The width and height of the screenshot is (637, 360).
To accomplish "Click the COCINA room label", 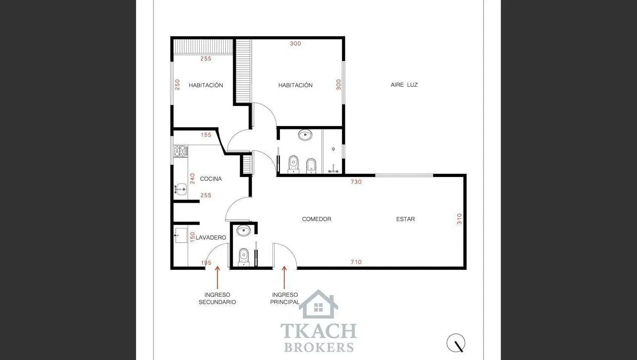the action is pyautogui.click(x=211, y=179).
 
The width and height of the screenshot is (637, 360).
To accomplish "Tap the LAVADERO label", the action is pyautogui.click(x=211, y=238).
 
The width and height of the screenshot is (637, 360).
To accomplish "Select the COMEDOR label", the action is pyautogui.click(x=317, y=219).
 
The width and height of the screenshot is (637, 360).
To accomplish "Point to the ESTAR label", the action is pyautogui.click(x=405, y=219).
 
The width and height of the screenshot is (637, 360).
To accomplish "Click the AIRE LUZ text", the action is pyautogui.click(x=404, y=85).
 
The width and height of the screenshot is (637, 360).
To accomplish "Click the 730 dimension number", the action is pyautogui.click(x=356, y=182).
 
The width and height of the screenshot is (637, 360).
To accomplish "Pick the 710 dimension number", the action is pyautogui.click(x=356, y=262).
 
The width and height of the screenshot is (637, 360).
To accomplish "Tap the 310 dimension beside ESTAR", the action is pyautogui.click(x=459, y=219).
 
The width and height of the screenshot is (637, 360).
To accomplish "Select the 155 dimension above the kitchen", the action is pyautogui.click(x=206, y=135).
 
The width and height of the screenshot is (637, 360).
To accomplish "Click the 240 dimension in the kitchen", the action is pyautogui.click(x=192, y=179).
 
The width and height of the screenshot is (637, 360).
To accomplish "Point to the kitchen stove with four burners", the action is pyautogui.click(x=181, y=151).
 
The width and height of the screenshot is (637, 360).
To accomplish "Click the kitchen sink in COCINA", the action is pyautogui.click(x=181, y=190).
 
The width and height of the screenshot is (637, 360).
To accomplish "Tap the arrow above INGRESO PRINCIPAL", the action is pyautogui.click(x=284, y=278).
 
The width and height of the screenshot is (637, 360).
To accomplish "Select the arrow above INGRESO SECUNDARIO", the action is pyautogui.click(x=217, y=278).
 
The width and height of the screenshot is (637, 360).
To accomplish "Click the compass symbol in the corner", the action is pyautogui.click(x=456, y=343).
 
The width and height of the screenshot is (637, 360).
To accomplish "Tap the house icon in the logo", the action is pyautogui.click(x=318, y=304).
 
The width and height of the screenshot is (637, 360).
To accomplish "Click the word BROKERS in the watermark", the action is pyautogui.click(x=319, y=347).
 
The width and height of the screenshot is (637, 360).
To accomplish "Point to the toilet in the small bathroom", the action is pyautogui.click(x=243, y=257).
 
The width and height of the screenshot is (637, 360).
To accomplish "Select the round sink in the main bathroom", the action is pyautogui.click(x=305, y=135).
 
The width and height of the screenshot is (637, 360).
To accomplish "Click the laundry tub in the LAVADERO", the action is pyautogui.click(x=181, y=235).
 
